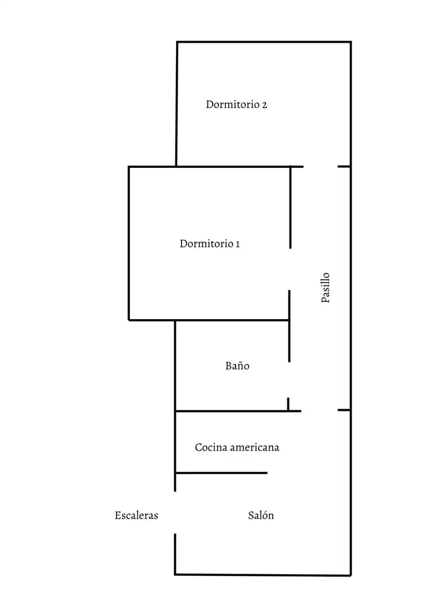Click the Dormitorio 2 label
pos(236,104)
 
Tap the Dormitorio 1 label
pos(210,244)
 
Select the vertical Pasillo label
pos(326,287)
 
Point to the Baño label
pos(237,366)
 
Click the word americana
pos(254,448)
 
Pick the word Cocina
pos(211,448)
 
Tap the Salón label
pos(261,515)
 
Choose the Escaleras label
pos(136,515)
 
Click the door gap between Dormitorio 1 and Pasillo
pos(290,269)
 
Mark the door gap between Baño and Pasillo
pos(289,380)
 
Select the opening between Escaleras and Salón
pos(175,513)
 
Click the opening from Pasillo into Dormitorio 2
pos(320,167)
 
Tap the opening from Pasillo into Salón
pos(319,410)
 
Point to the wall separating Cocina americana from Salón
pos(221,473)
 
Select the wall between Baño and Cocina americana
pos(238,411)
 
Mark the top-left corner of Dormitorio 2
pos(177,42)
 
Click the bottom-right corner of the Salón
pos(351,575)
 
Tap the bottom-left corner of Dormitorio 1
pos(129,320)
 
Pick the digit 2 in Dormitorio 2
pos(264,105)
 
